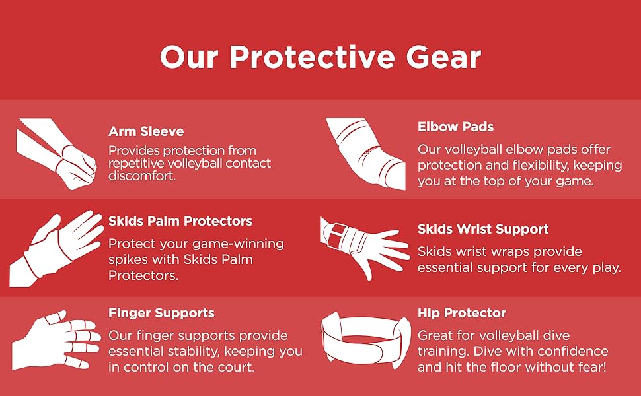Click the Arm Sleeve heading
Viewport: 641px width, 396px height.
tap(146, 131)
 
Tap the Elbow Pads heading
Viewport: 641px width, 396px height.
tap(455, 127)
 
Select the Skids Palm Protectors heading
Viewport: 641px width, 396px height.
tap(180, 221)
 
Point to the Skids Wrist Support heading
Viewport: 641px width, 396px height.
tap(483, 229)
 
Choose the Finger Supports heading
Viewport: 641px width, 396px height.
tap(161, 313)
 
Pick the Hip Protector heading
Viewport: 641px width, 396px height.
tap(462, 313)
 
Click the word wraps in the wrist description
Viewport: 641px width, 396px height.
tap(508, 251)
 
